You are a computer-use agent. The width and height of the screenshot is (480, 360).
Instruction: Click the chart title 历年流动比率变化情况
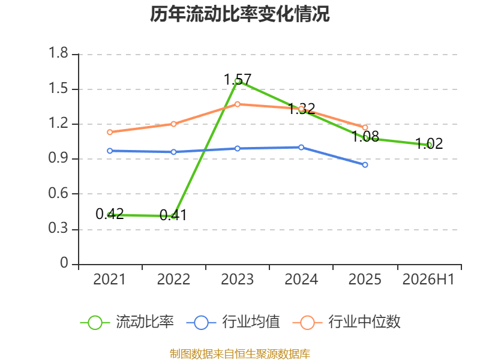coord(239,14)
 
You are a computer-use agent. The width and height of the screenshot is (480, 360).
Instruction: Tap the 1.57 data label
coord(238,80)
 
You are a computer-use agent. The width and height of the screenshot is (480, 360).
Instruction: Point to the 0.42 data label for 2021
coord(110,214)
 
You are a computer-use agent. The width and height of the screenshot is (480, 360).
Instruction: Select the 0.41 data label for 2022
coord(173,215)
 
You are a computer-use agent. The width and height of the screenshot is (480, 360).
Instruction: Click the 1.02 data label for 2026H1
coord(429,143)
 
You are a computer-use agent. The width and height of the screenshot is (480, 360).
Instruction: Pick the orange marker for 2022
coord(173,124)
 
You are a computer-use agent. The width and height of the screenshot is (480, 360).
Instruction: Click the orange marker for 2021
coord(110,132)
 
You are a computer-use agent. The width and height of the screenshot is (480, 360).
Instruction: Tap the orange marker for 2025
coord(365,128)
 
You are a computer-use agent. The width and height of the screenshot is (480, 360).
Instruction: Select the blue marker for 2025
coord(365,165)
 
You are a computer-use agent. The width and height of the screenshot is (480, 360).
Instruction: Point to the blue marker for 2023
coord(237,148)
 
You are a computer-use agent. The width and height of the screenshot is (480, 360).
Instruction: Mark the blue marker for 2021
coord(110,151)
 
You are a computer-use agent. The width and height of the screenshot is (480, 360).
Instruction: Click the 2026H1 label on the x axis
coord(428,280)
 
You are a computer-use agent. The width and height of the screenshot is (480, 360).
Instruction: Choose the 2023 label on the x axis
coord(237,280)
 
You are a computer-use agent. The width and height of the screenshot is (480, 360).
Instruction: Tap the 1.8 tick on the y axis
coord(58,53)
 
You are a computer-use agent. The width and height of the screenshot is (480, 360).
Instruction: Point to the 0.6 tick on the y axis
coord(58,193)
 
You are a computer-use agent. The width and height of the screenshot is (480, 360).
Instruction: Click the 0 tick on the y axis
coord(64,263)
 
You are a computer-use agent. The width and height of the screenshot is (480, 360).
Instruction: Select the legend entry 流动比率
coord(127,322)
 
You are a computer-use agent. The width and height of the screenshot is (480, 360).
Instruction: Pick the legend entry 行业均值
coord(233,322)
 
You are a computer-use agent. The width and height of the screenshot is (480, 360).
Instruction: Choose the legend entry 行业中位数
coord(347,322)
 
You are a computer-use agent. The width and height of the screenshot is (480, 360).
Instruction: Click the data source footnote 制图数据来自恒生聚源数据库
coord(240,354)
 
